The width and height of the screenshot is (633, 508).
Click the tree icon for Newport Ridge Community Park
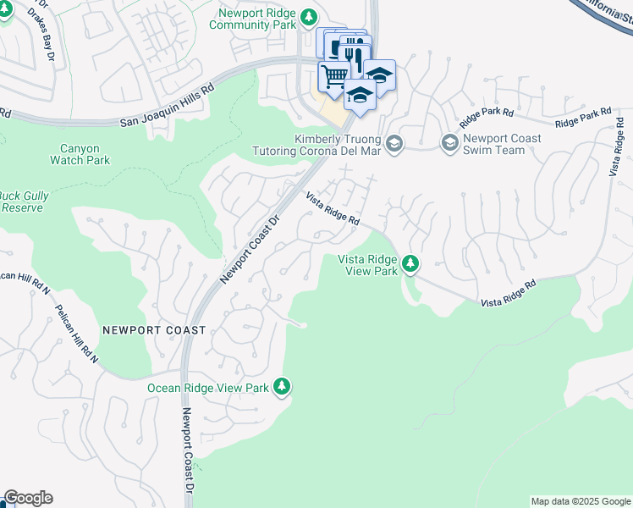310,18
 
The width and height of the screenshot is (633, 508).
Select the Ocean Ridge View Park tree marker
282,388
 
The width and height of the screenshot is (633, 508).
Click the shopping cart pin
334,75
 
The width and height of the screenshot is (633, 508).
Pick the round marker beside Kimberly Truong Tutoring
394,145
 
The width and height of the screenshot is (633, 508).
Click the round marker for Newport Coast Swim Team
449,144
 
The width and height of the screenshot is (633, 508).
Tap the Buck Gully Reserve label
23,201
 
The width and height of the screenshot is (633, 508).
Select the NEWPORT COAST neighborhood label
153,330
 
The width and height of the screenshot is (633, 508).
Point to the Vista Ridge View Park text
367,265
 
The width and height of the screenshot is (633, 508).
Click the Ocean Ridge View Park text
207,388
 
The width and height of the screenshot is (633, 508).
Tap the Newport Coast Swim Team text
494,144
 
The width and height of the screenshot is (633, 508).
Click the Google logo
28,498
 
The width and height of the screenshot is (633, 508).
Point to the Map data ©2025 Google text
581,501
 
